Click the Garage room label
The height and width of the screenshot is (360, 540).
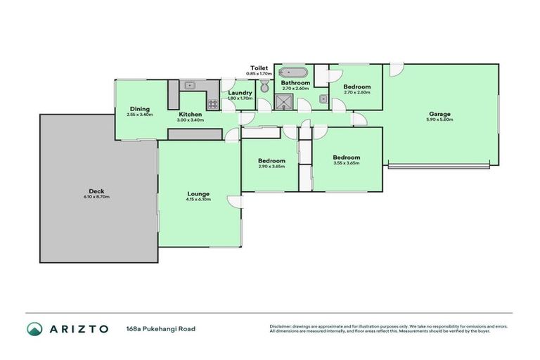[440, 114]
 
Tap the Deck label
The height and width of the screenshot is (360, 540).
[96, 191]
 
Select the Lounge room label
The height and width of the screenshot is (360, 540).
[198, 193]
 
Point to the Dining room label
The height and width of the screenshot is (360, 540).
[139, 108]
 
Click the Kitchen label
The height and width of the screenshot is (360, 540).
[191, 114]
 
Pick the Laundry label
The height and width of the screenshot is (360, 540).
[240, 93]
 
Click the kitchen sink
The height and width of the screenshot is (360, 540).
[189, 86]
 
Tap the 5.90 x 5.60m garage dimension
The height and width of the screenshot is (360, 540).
[440, 120]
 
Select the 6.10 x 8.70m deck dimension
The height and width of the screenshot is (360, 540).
[96, 197]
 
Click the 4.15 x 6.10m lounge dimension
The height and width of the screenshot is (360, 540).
[198, 200]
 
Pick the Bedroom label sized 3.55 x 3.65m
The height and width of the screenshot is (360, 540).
[347, 157]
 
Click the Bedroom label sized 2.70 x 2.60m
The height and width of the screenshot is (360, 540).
[356, 86]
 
